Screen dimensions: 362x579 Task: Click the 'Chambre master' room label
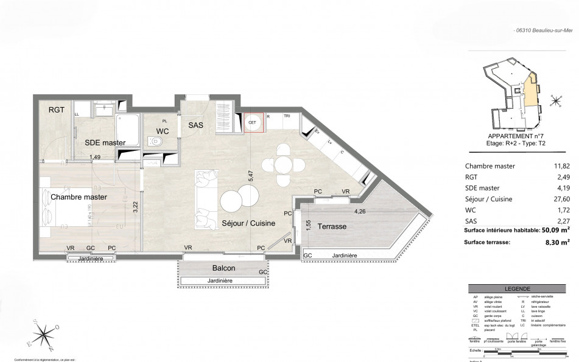(x=79, y=197)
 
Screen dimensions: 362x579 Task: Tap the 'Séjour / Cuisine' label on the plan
(x=248, y=223)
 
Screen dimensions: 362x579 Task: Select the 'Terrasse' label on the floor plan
(x=332, y=226)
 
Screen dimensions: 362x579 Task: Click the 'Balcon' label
(x=223, y=268)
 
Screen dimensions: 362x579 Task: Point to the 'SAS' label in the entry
(x=195, y=125)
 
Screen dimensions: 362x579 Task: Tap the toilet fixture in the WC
(x=156, y=142)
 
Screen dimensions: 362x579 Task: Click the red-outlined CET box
(x=254, y=123)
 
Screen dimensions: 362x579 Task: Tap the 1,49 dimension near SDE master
(x=95, y=158)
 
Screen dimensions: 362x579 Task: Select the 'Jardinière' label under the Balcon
(x=222, y=280)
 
